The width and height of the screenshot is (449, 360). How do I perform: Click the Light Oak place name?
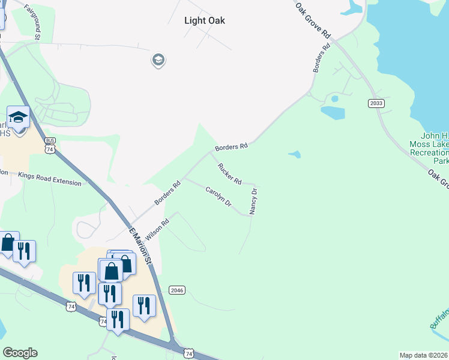pos(204,20)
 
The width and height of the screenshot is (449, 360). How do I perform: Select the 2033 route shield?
pos(376,104)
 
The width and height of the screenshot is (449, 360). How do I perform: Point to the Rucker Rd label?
pos(229,174)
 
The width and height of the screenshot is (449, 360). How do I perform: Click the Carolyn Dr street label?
pos(218,197)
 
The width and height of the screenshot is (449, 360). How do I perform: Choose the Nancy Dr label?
pos(254,202)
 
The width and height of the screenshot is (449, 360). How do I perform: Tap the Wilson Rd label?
pos(157,228)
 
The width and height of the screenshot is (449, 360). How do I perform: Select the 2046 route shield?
pos(177,290)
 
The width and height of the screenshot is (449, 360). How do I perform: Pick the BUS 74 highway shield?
pos(50,145)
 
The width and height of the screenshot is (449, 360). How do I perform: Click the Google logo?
pos(20,353)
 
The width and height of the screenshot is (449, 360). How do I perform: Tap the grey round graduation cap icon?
pos(158,60)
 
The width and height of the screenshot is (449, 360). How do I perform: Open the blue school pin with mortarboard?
pos(19,118)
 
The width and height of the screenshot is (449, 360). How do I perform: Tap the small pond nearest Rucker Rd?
pos(294,154)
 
